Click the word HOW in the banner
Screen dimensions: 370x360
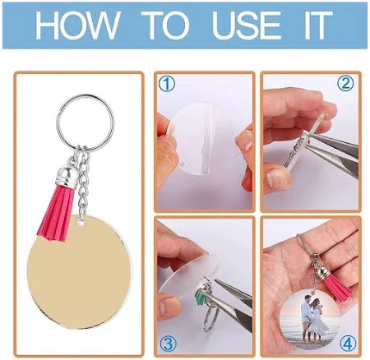77,25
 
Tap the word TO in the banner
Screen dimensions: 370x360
165,25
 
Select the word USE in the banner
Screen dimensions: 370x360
247,25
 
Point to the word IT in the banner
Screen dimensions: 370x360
318,25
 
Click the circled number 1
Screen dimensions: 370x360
167,84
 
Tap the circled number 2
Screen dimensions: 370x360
345,84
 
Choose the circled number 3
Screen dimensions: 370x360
168,343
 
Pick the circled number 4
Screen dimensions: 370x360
348,343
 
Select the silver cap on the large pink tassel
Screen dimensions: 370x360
64,175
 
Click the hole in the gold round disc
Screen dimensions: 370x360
81,222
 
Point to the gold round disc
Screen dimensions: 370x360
80,271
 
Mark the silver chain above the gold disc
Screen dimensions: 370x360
83,183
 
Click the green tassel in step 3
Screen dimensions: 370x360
201,297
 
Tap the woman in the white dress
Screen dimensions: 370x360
318,318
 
